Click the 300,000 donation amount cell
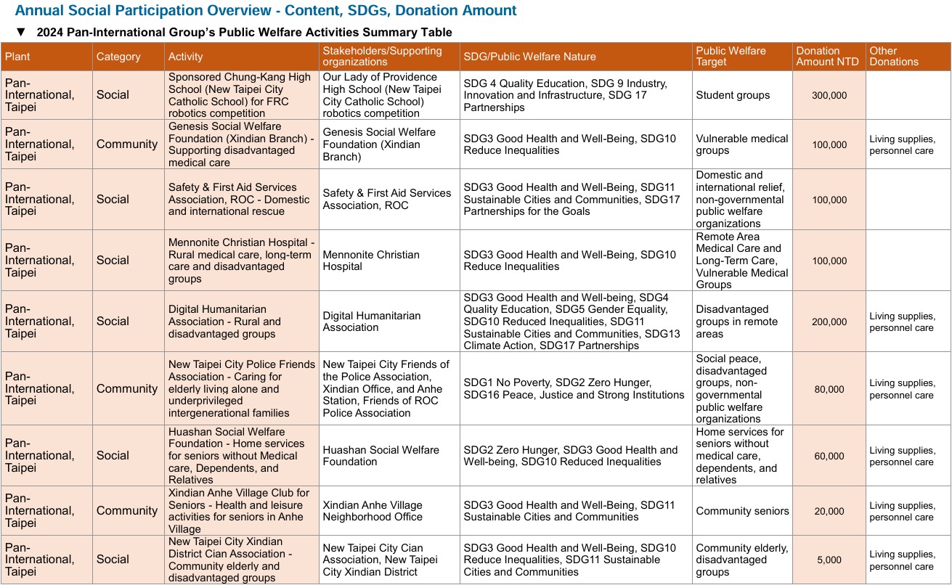click(x=829, y=95)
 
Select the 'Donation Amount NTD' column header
click(x=828, y=56)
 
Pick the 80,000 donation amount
click(x=829, y=389)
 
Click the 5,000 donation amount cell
click(x=829, y=560)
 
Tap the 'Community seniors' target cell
click(x=742, y=511)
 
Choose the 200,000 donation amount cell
click(x=829, y=322)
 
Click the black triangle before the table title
click(x=21, y=32)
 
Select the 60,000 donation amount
click(x=829, y=456)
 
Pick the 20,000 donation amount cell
click(x=829, y=511)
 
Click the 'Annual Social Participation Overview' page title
click(x=266, y=10)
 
